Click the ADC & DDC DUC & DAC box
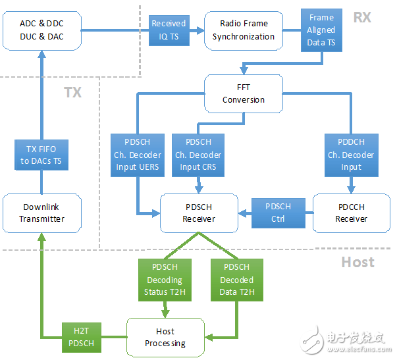[41, 30]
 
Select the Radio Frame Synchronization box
[243, 30]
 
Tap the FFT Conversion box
[244, 93]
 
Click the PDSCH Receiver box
[199, 213]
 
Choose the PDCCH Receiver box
[351, 213]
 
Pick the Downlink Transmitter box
[41, 213]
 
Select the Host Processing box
[165, 337]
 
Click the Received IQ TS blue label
[169, 30]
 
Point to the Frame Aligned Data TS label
[322, 30]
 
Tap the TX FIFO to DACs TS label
[41, 156]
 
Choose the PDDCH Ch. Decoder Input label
[351, 155]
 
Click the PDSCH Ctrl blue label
[278, 213]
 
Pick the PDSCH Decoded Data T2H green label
[237, 279]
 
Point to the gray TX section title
[72, 91]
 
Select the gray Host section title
[357, 262]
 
